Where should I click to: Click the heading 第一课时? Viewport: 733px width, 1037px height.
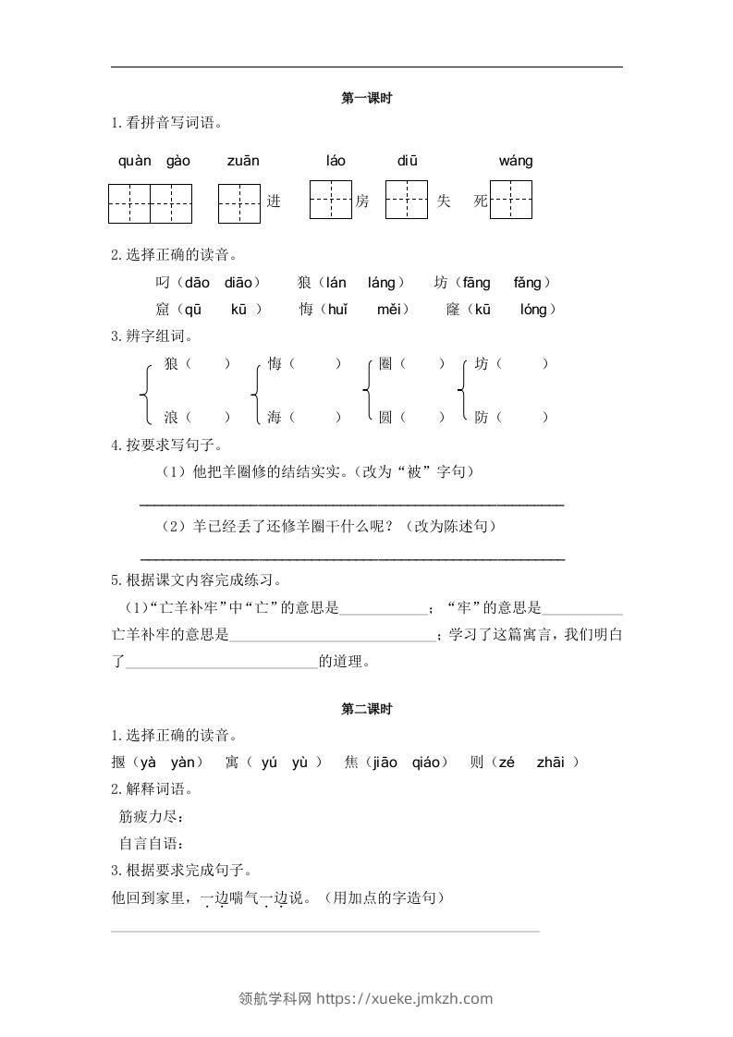click(x=367, y=98)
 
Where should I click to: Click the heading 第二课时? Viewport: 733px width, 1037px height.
click(x=367, y=709)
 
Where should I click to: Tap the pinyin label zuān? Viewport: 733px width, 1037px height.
click(x=243, y=161)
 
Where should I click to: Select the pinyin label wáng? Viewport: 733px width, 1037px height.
click(x=516, y=161)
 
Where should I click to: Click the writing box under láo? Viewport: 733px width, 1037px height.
click(x=330, y=200)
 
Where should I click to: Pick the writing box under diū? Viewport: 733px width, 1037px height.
click(x=407, y=200)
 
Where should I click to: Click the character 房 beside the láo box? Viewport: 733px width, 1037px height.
click(x=362, y=201)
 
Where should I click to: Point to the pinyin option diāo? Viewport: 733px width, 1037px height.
click(x=242, y=283)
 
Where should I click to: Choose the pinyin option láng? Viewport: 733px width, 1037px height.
click(x=380, y=283)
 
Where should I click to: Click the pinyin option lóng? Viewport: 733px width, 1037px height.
click(x=533, y=310)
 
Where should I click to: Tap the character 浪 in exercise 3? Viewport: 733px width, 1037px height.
click(x=171, y=418)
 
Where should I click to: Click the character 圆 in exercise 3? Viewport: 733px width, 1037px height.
click(x=385, y=418)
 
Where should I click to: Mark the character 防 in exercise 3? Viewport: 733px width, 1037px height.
click(x=482, y=418)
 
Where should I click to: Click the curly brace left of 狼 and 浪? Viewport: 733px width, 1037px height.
click(x=146, y=392)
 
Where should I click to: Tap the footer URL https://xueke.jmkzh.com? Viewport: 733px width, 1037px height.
click(x=405, y=998)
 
